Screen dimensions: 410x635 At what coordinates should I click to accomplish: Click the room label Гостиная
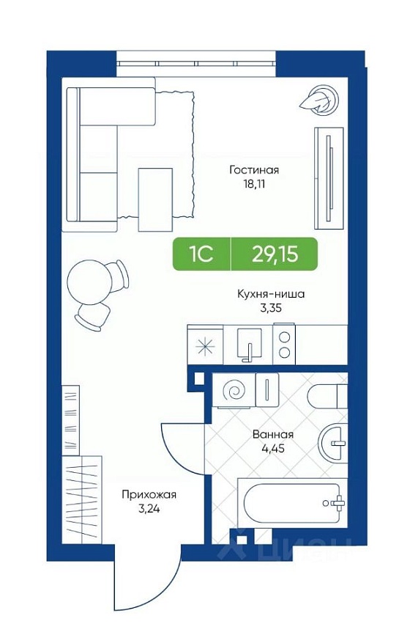(254, 169)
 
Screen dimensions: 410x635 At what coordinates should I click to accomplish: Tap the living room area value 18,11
(254, 184)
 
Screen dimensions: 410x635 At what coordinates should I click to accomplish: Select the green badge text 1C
(201, 254)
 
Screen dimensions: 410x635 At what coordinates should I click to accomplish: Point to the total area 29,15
(275, 254)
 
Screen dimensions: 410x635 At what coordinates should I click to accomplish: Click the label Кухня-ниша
(271, 293)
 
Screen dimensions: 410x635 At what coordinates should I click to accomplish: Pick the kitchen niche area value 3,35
(270, 308)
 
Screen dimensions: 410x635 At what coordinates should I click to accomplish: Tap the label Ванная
(272, 435)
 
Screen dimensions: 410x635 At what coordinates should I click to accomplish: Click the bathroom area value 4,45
(273, 449)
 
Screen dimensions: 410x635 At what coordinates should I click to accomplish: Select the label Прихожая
(149, 494)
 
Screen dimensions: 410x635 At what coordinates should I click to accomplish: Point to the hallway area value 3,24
(149, 509)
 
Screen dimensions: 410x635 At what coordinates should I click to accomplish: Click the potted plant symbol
(319, 100)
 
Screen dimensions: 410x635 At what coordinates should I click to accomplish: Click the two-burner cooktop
(284, 345)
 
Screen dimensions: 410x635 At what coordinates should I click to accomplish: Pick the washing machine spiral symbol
(234, 390)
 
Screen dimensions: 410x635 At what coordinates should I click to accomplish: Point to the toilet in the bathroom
(327, 396)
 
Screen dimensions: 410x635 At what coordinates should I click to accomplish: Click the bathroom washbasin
(333, 443)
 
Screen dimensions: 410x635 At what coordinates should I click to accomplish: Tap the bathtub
(292, 503)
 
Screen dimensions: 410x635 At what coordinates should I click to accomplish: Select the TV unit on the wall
(328, 178)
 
